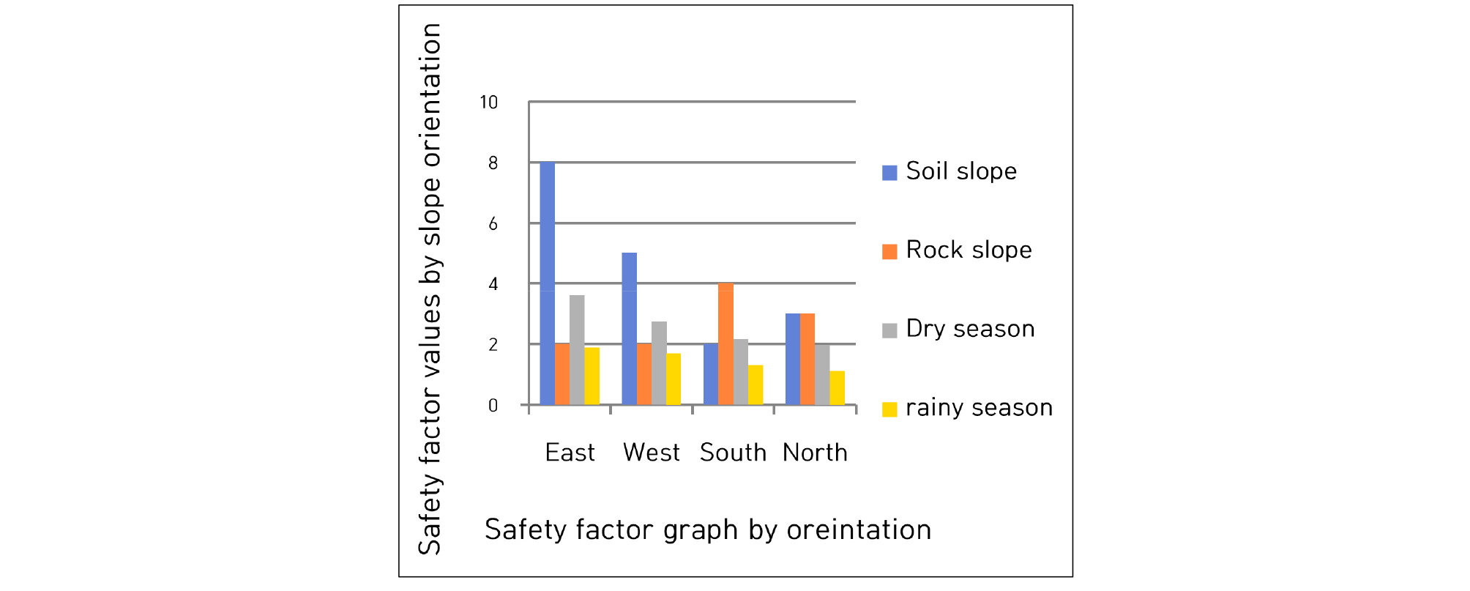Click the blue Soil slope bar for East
click(x=548, y=283)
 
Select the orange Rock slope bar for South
click(x=725, y=344)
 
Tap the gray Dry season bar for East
click(x=577, y=350)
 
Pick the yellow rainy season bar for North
click(x=837, y=388)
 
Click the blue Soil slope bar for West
click(x=629, y=329)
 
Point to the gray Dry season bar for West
click(x=659, y=363)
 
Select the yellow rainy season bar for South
click(x=755, y=385)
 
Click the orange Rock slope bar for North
click(x=807, y=359)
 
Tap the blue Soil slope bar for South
click(x=711, y=374)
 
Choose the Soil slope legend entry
click(x=949, y=171)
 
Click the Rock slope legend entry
click(x=957, y=250)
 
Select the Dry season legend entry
click(x=958, y=329)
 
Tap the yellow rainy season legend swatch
click(x=889, y=409)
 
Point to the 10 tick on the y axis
click(x=489, y=103)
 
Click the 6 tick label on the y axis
click(x=493, y=223)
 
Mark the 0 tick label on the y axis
click(x=493, y=406)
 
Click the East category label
click(x=570, y=453)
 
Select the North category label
click(x=815, y=453)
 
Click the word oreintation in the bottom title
click(x=859, y=529)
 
